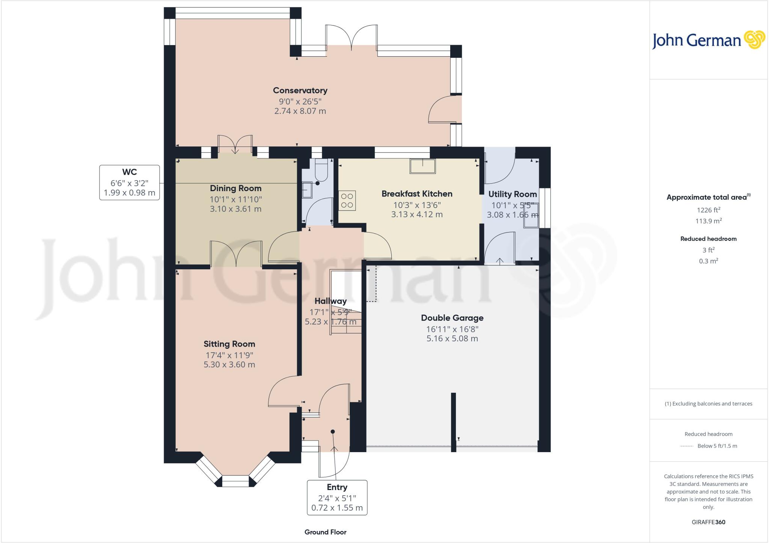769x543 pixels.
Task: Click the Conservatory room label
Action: pyautogui.click(x=300, y=90)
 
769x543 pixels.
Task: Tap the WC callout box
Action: pyautogui.click(x=130, y=183)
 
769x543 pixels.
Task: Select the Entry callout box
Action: pyautogui.click(x=337, y=498)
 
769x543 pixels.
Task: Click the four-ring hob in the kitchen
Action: pyautogui.click(x=347, y=200)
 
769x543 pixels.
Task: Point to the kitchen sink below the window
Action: pyautogui.click(x=423, y=166)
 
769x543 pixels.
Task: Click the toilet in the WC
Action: pyautogui.click(x=321, y=171)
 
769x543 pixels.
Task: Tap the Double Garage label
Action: pyautogui.click(x=452, y=318)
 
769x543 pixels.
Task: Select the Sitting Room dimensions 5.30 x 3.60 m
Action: pyautogui.click(x=229, y=365)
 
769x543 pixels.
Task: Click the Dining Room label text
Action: pyautogui.click(x=235, y=189)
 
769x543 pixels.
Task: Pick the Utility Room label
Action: pyautogui.click(x=512, y=194)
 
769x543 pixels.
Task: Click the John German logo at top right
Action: pyautogui.click(x=708, y=40)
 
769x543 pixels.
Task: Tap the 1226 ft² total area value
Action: pyautogui.click(x=708, y=210)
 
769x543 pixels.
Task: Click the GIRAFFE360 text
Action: pyautogui.click(x=708, y=522)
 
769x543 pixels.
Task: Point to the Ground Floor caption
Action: pyautogui.click(x=325, y=532)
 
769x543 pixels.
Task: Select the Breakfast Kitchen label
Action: pyautogui.click(x=417, y=194)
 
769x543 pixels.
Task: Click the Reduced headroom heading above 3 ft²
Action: pyautogui.click(x=708, y=239)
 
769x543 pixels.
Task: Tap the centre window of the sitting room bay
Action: pyautogui.click(x=235, y=481)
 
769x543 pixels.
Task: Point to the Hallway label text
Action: pyautogui.click(x=330, y=301)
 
